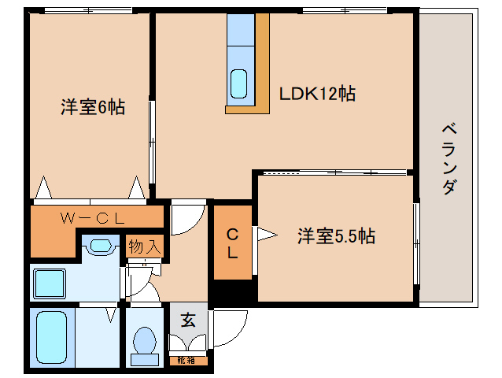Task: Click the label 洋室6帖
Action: click(x=92, y=107)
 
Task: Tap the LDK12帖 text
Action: click(x=317, y=94)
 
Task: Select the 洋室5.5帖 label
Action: click(x=335, y=235)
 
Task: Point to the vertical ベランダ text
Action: click(x=448, y=158)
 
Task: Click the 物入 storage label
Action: click(x=145, y=246)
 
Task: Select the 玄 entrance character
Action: click(x=188, y=320)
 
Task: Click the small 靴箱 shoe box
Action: click(x=187, y=361)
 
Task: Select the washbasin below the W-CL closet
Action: click(x=98, y=246)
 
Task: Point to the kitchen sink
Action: click(x=239, y=83)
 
